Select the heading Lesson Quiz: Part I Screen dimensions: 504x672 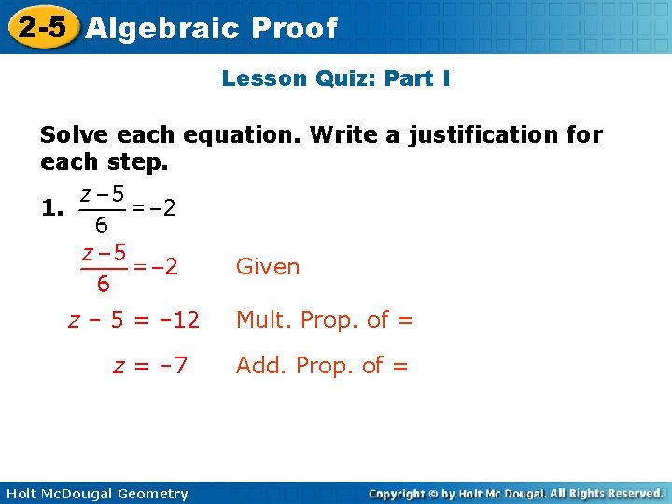336,78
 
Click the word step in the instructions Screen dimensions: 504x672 137,162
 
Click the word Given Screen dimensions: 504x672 268,267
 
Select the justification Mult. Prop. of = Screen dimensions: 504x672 324,320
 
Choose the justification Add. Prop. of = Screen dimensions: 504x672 322,365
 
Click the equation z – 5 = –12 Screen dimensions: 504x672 134,320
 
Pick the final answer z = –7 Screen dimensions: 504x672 150,365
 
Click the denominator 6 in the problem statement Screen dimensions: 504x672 101,225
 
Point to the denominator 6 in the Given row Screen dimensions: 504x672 103,283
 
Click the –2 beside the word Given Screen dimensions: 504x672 161,267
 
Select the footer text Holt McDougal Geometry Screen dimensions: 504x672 97,494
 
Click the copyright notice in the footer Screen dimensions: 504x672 515,493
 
